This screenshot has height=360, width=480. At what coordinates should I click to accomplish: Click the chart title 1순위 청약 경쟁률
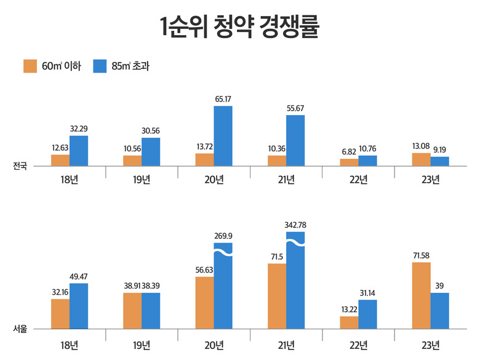coord(240,28)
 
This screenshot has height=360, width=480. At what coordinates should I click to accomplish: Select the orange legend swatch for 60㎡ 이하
coord(31,66)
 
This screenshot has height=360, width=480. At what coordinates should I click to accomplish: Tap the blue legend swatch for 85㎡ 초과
coord(100,66)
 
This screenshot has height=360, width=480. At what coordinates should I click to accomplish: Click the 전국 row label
coord(20,166)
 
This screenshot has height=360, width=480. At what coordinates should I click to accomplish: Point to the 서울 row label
coord(20,329)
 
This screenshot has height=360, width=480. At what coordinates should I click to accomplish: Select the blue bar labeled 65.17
coord(223,136)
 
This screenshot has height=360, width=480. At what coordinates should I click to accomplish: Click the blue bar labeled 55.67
coord(295,140)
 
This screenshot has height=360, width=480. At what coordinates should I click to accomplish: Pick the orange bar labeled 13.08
coord(422,159)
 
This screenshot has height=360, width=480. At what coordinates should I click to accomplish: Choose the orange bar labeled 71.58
coord(422,295)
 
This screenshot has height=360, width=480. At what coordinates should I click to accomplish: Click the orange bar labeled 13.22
coord(349,322)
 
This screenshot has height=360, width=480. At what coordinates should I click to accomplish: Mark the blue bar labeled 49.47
coord(79,306)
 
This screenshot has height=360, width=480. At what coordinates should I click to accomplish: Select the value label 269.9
coord(223,236)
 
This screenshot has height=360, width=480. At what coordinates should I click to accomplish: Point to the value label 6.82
coord(349,151)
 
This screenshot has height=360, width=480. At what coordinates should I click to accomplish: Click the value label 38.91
coord(132,286)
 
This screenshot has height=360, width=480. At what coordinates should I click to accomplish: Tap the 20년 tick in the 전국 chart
coord(214,180)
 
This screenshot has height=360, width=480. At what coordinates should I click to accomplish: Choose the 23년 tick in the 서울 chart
coord(431,343)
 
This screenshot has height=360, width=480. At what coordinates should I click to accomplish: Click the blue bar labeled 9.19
coord(440,161)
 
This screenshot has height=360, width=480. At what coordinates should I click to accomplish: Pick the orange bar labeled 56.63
coord(204,303)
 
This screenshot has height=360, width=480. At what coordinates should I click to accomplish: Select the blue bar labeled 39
coord(440,311)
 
